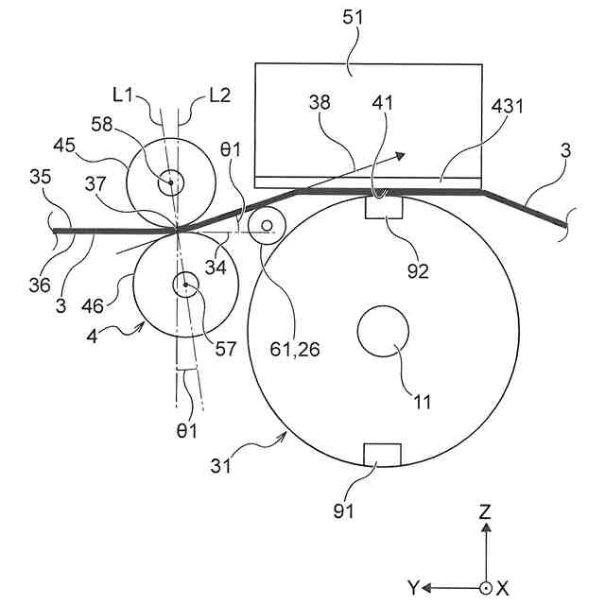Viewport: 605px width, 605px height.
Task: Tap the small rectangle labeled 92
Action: pyautogui.click(x=384, y=207)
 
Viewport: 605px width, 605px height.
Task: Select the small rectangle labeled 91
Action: pyautogui.click(x=382, y=455)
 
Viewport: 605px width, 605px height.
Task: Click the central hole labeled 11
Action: pyautogui.click(x=383, y=333)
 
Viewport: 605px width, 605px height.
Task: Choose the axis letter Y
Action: pyautogui.click(x=413, y=588)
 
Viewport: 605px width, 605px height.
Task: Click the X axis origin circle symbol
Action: pyautogui.click(x=485, y=587)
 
